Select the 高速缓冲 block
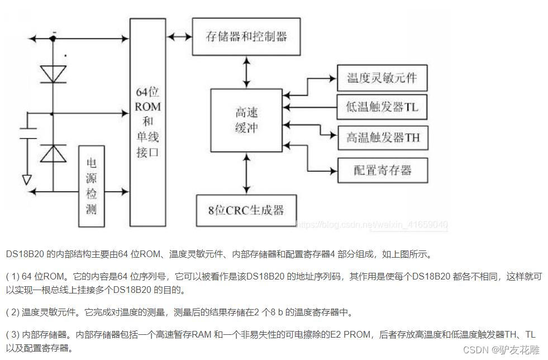246,120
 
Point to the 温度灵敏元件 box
382,78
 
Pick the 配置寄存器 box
382,170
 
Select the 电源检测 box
92,186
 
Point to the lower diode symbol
54,153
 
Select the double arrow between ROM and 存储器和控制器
179,37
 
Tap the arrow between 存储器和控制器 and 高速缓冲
246,72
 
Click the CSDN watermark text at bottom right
501,350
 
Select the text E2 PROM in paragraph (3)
357,335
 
